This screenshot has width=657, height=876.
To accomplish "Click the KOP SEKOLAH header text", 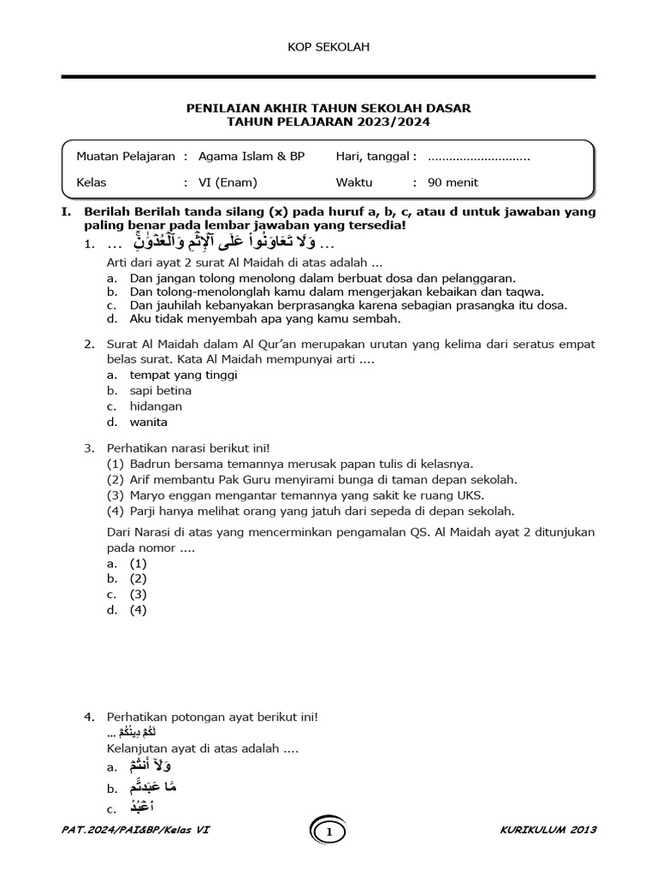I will [328, 48].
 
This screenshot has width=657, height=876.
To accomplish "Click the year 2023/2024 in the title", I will [395, 122].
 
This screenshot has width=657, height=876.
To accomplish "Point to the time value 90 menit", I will [453, 182].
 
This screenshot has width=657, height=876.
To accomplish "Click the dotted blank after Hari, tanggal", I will [478, 157].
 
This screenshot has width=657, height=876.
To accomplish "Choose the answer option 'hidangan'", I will [156, 406].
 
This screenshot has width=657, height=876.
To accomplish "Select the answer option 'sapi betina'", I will [161, 391].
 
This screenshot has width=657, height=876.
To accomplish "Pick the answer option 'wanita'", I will [149, 422].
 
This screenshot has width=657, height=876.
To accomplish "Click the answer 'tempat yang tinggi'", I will [184, 375].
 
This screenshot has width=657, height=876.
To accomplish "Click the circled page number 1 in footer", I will [328, 831].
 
